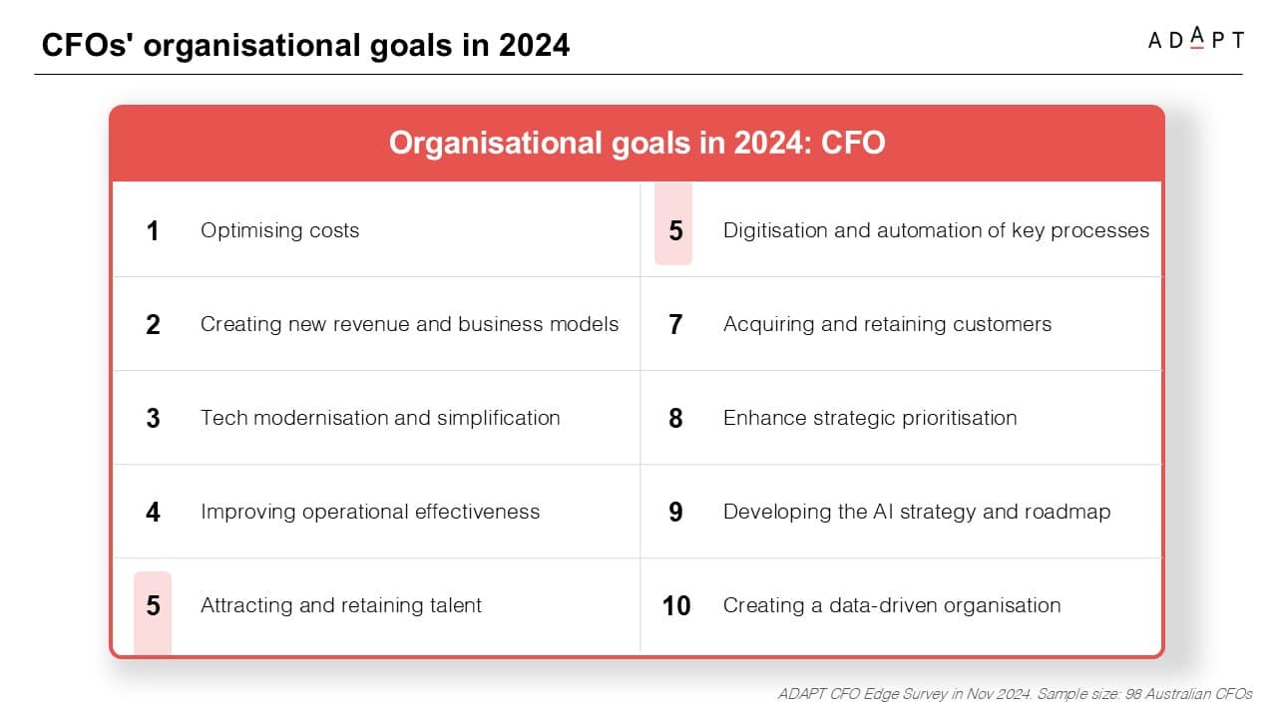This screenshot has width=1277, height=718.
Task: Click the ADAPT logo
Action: pyautogui.click(x=1195, y=38)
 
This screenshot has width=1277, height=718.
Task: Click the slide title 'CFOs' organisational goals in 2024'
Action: pyautogui.click(x=305, y=45)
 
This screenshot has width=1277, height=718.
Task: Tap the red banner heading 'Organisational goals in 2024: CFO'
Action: pyautogui.click(x=637, y=143)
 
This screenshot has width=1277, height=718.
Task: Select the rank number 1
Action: pyautogui.click(x=153, y=230)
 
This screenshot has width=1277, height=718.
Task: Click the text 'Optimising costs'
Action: pyautogui.click(x=280, y=230)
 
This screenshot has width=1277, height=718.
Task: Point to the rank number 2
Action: pyautogui.click(x=153, y=325)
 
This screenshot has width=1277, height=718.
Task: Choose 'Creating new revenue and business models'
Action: pyautogui.click(x=409, y=324)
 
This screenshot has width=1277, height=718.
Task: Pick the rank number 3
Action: pyautogui.click(x=153, y=418)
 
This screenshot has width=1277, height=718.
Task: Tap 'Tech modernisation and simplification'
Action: pyautogui.click(x=380, y=418)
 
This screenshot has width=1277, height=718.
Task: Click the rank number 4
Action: pyautogui.click(x=153, y=512)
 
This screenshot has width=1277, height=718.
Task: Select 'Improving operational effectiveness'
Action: pyautogui.click(x=370, y=512)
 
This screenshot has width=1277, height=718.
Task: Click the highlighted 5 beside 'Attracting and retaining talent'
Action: pyautogui.click(x=153, y=605)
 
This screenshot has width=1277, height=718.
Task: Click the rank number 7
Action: pyautogui.click(x=675, y=325)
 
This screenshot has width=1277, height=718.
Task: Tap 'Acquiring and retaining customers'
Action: pyautogui.click(x=887, y=324)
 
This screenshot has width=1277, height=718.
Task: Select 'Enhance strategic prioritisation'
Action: pyautogui.click(x=870, y=418)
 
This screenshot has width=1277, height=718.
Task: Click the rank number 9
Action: pyautogui.click(x=675, y=512)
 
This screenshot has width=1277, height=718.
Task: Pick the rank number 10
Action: pyautogui.click(x=676, y=605)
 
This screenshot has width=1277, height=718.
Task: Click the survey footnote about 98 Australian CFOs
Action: pyautogui.click(x=1015, y=693)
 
